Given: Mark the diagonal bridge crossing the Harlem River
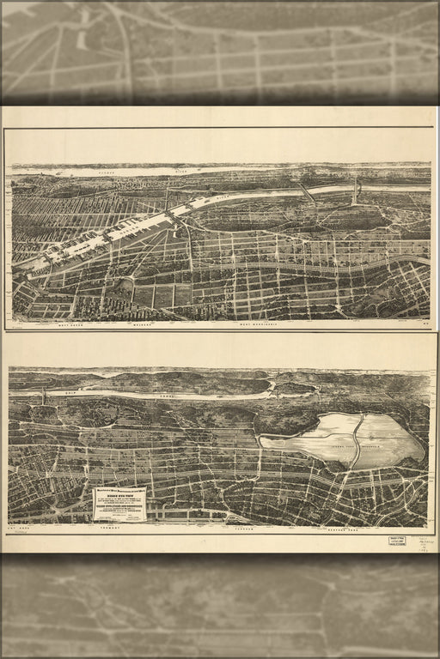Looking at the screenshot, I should (307, 194).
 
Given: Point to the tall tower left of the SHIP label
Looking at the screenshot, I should (43, 396).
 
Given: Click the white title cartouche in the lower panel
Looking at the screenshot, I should (119, 504).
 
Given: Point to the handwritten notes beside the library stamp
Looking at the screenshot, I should (423, 541).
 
